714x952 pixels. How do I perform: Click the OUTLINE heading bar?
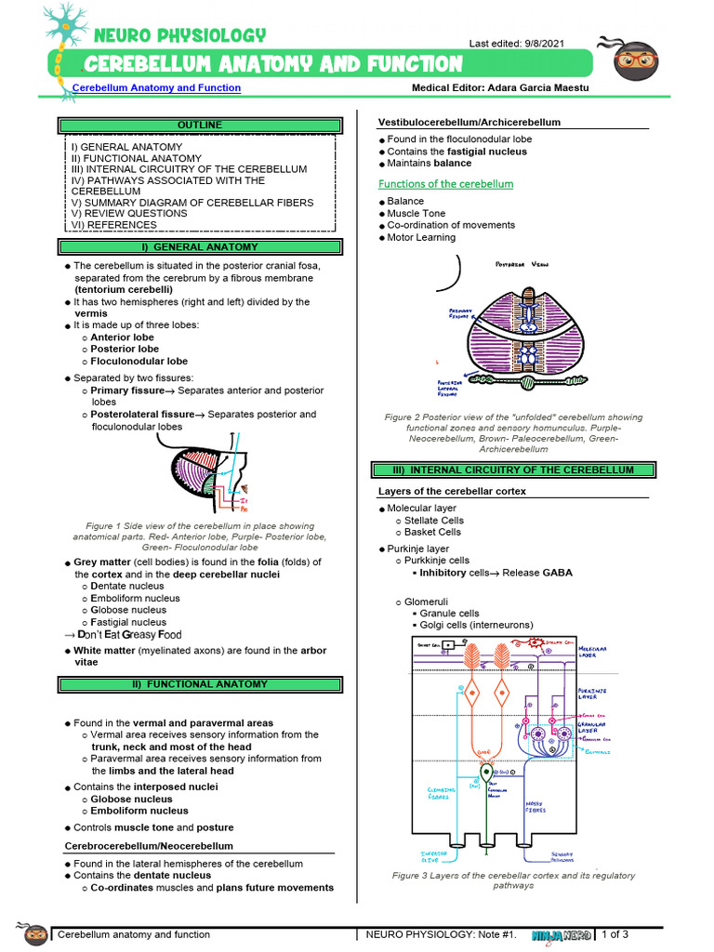pyautogui.click(x=200, y=125)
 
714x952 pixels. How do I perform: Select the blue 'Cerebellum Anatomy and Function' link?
pyautogui.click(x=156, y=88)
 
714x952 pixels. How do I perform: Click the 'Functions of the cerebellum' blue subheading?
pyautogui.click(x=445, y=184)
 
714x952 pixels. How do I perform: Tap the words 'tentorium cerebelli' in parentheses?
pyautogui.click(x=124, y=289)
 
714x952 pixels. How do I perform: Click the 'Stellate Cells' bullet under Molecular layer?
pyautogui.click(x=433, y=521)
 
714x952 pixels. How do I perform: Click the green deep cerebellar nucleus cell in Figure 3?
pyautogui.click(x=485, y=774)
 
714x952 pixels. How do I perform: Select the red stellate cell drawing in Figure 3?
pyautogui.click(x=535, y=644)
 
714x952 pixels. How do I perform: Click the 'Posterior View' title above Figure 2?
pyautogui.click(x=521, y=265)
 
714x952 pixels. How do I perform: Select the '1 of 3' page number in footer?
pyautogui.click(x=615, y=934)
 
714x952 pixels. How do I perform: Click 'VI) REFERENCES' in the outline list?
pyautogui.click(x=113, y=224)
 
